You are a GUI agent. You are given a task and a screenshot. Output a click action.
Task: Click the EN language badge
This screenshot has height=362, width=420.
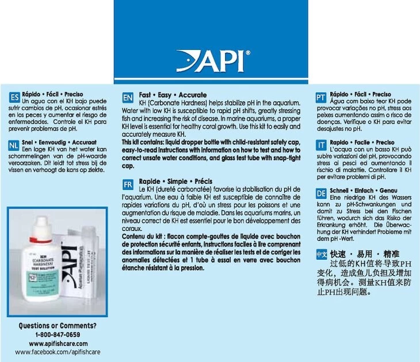click(x=128, y=98)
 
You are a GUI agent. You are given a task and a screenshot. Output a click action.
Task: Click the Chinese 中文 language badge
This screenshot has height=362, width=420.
click(x=322, y=253)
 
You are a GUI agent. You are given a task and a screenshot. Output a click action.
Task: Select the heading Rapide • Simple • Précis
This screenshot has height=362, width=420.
click(x=172, y=181)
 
